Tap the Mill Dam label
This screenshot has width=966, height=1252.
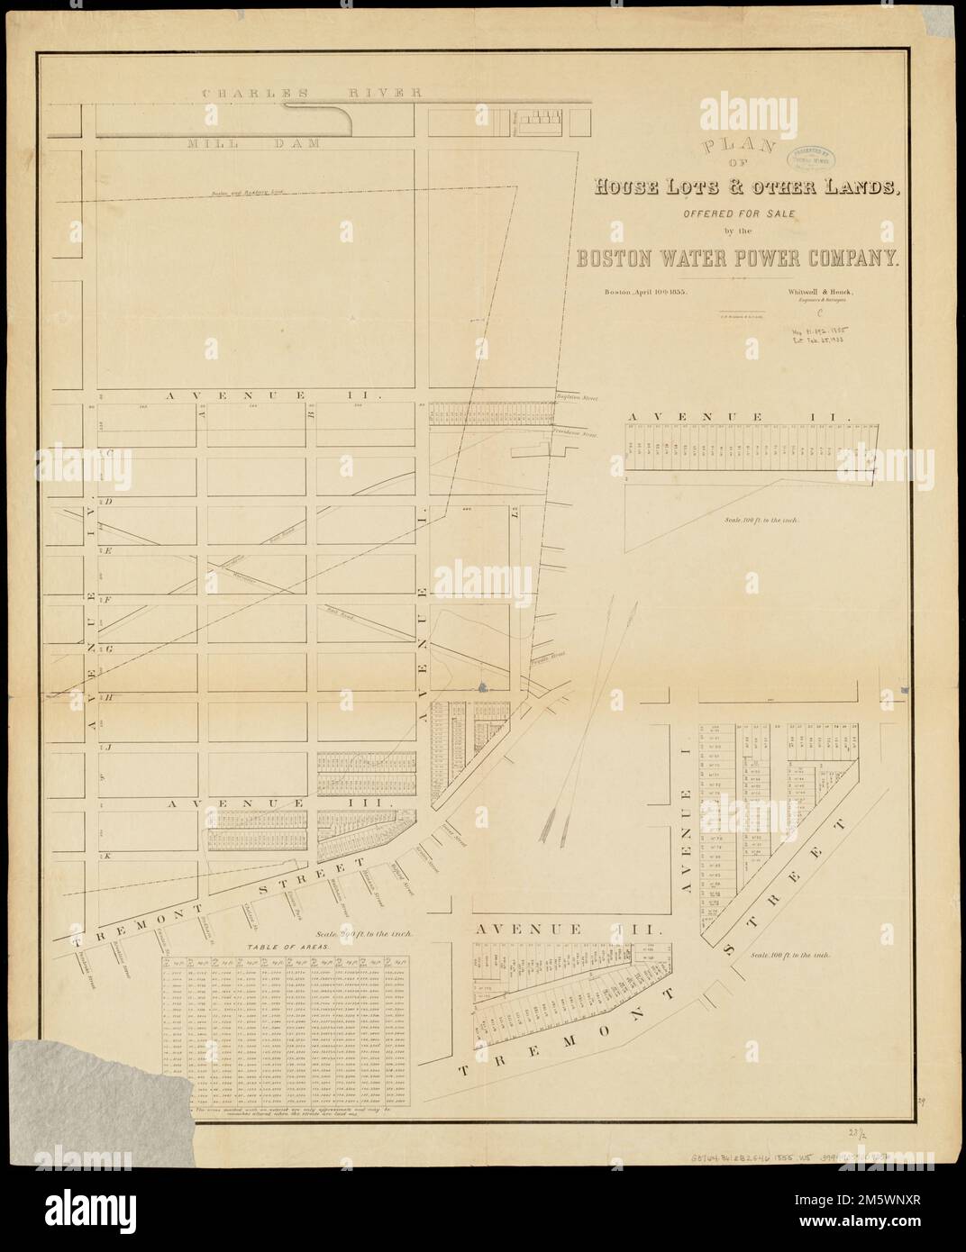(x=255, y=143)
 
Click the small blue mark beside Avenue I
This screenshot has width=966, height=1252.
(x=480, y=688)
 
